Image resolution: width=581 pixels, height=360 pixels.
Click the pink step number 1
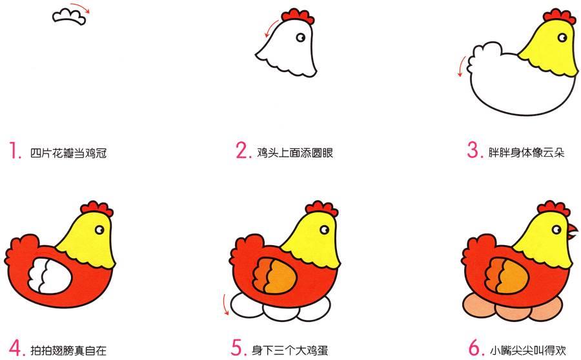coord(14,150)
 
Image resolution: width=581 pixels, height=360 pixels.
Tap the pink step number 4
coord(17,348)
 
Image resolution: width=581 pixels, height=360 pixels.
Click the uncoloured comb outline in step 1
coord(69,17)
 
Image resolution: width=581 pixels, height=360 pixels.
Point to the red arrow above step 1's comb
coord(81,6)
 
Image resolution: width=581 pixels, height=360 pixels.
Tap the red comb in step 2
coord(298,16)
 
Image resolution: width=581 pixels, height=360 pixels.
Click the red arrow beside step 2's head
coord(271,27)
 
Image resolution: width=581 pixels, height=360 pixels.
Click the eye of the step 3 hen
coord(562,37)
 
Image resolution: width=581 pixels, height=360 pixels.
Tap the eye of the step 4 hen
coord(99,230)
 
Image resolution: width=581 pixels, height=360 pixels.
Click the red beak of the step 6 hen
coord(573,231)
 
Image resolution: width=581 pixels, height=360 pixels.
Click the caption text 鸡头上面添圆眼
coord(295,152)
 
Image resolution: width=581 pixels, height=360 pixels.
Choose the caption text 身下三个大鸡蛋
coord(290,350)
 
